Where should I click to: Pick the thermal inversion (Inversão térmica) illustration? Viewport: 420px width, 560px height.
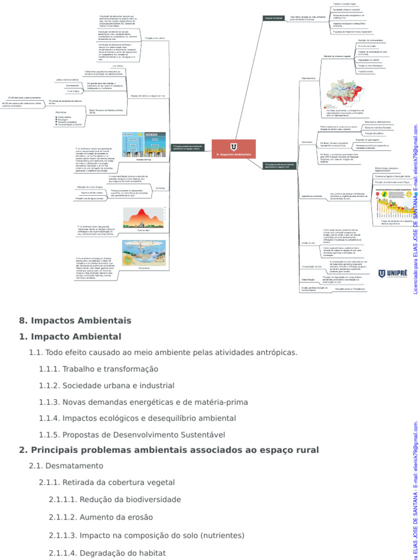144,145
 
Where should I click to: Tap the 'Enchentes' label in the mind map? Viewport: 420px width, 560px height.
160,188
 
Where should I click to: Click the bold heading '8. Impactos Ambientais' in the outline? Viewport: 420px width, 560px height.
75,320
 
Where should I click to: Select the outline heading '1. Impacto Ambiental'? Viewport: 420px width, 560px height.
70,336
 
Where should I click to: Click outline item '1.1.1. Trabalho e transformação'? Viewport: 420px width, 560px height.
98,369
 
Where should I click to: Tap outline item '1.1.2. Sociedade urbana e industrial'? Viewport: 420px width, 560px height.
107,386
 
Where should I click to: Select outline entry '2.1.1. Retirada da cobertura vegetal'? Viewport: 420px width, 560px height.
107,482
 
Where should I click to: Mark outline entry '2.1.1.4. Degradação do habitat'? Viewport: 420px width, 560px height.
107,552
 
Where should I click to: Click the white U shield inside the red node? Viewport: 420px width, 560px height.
234,147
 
